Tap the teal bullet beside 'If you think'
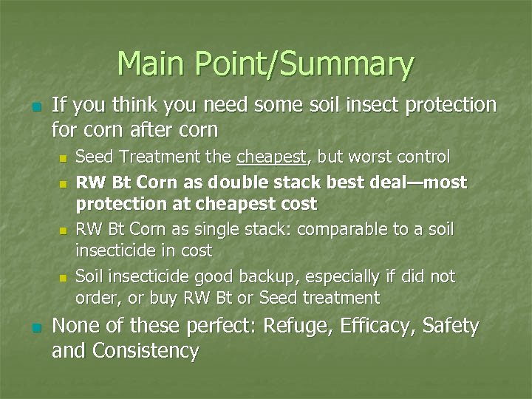coord(28,108)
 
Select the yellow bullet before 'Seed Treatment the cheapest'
coord(63,158)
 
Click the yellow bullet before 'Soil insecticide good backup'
coord(63,279)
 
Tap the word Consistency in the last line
coord(146,351)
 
